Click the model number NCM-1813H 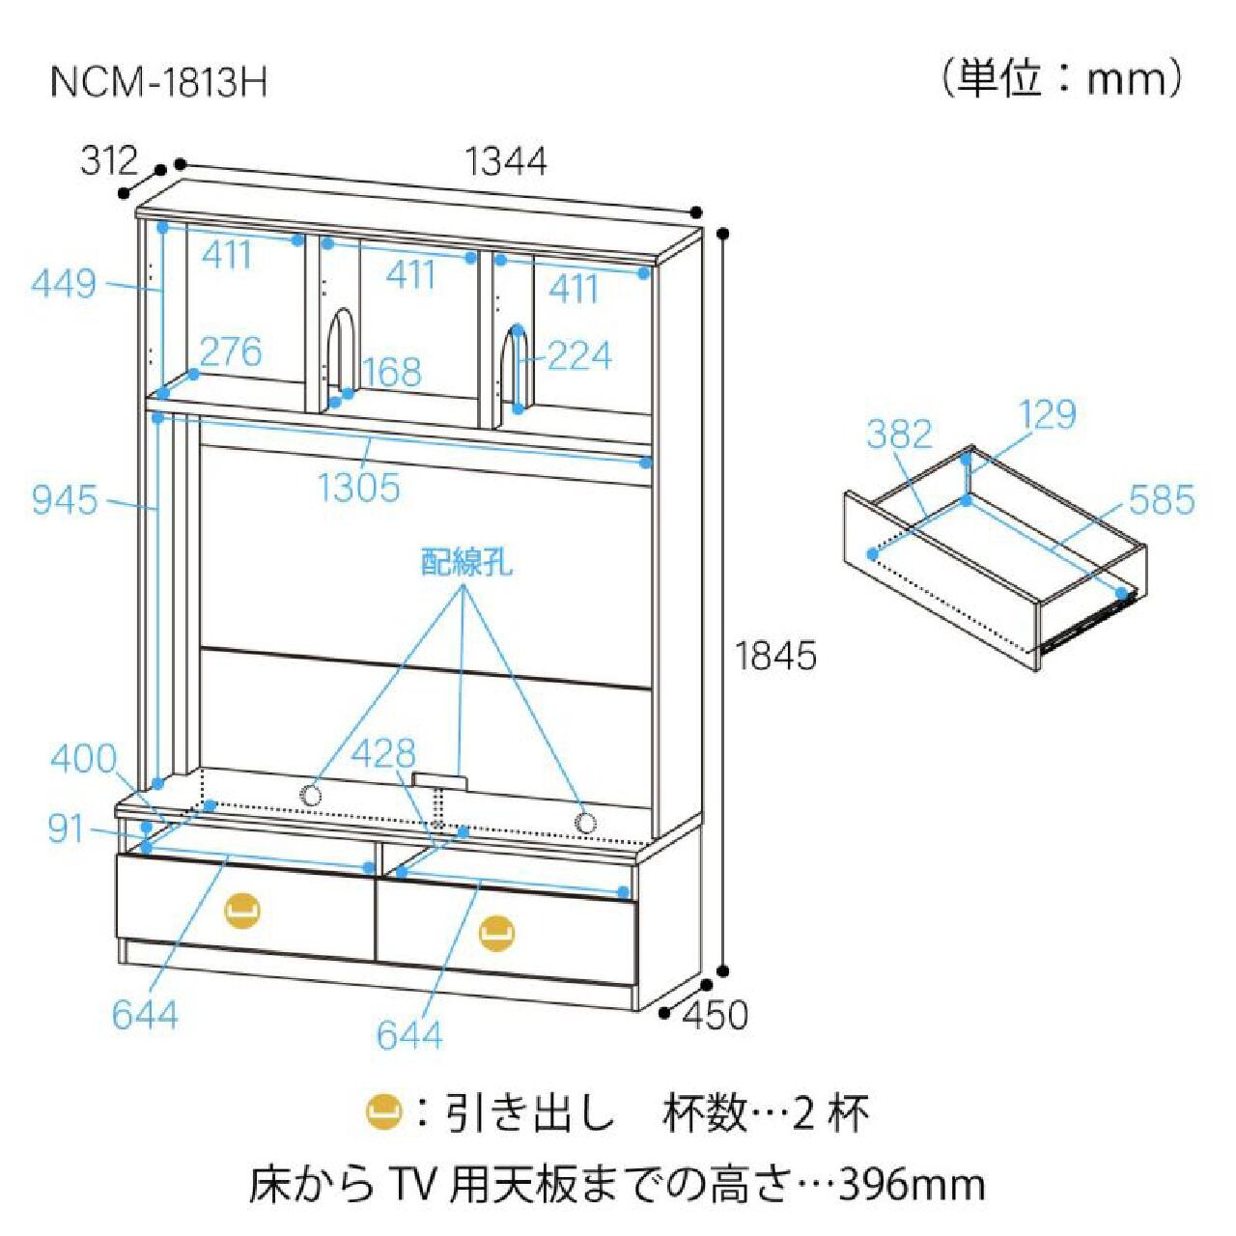pyautogui.click(x=157, y=83)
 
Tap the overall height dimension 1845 pyautogui.click(x=775, y=657)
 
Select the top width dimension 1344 pyautogui.click(x=506, y=161)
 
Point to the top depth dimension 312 pyautogui.click(x=109, y=160)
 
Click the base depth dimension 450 pyautogui.click(x=716, y=1015)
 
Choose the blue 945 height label pyautogui.click(x=65, y=500)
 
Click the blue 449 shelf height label pyautogui.click(x=64, y=284)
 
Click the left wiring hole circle pyautogui.click(x=311, y=796)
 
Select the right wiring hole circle pyautogui.click(x=583, y=823)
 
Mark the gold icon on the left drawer pyautogui.click(x=242, y=910)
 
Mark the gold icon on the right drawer pyautogui.click(x=497, y=932)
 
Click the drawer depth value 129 pyautogui.click(x=1047, y=415)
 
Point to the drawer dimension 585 pyautogui.click(x=1162, y=500)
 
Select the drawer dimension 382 pyautogui.click(x=899, y=435)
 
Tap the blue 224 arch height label pyautogui.click(x=579, y=356)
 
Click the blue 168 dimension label pyautogui.click(x=392, y=372)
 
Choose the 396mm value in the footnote pyautogui.click(x=912, y=1185)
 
